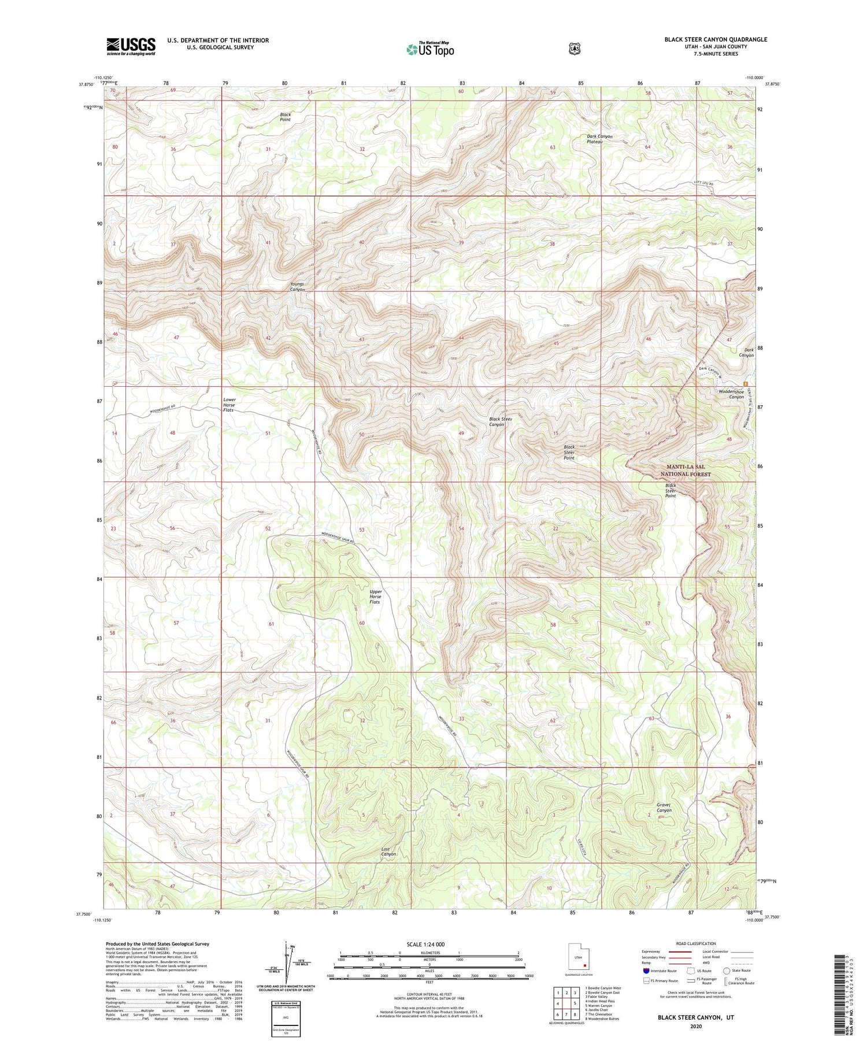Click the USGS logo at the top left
pyautogui.click(x=131, y=46)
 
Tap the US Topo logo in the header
pyautogui.click(x=430, y=49)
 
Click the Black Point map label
pyautogui.click(x=285, y=117)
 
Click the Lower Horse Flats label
pyautogui.click(x=229, y=405)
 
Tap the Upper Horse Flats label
pyautogui.click(x=375, y=597)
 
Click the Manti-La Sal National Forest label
pyautogui.click(x=686, y=470)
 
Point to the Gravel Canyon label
pyautogui.click(x=664, y=807)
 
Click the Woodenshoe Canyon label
pyautogui.click(x=731, y=394)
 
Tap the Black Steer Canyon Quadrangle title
pyautogui.click(x=716, y=39)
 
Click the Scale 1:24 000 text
pyautogui.click(x=428, y=945)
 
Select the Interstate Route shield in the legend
pyautogui.click(x=646, y=971)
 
